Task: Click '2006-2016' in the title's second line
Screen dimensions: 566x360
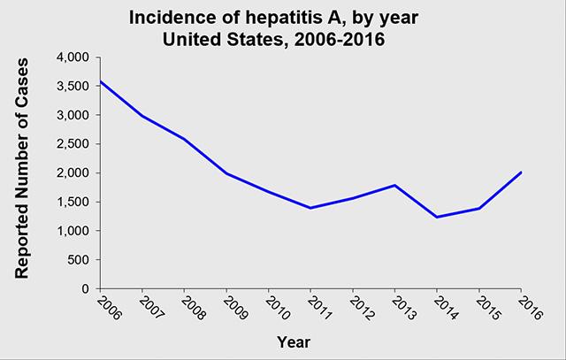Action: tap(340, 39)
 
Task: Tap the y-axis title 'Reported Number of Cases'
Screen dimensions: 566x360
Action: tap(21, 168)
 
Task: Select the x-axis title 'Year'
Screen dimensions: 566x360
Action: tap(294, 342)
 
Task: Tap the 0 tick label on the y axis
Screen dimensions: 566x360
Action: tap(85, 289)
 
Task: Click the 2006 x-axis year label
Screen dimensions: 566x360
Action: tap(110, 308)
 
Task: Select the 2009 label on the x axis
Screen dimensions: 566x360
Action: tap(235, 308)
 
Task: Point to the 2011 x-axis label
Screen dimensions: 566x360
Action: tap(319, 308)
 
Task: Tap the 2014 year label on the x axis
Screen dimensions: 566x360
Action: tap(446, 308)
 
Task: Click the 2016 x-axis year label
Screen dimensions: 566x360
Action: tap(530, 308)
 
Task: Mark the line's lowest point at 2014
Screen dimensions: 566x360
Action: tap(437, 217)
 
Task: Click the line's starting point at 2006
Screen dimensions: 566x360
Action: tap(101, 81)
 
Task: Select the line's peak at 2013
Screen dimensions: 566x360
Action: tap(395, 185)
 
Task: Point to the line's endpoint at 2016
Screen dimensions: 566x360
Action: tap(521, 172)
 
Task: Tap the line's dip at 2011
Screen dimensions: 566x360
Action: tap(310, 208)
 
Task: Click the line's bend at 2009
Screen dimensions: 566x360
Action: tap(226, 173)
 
